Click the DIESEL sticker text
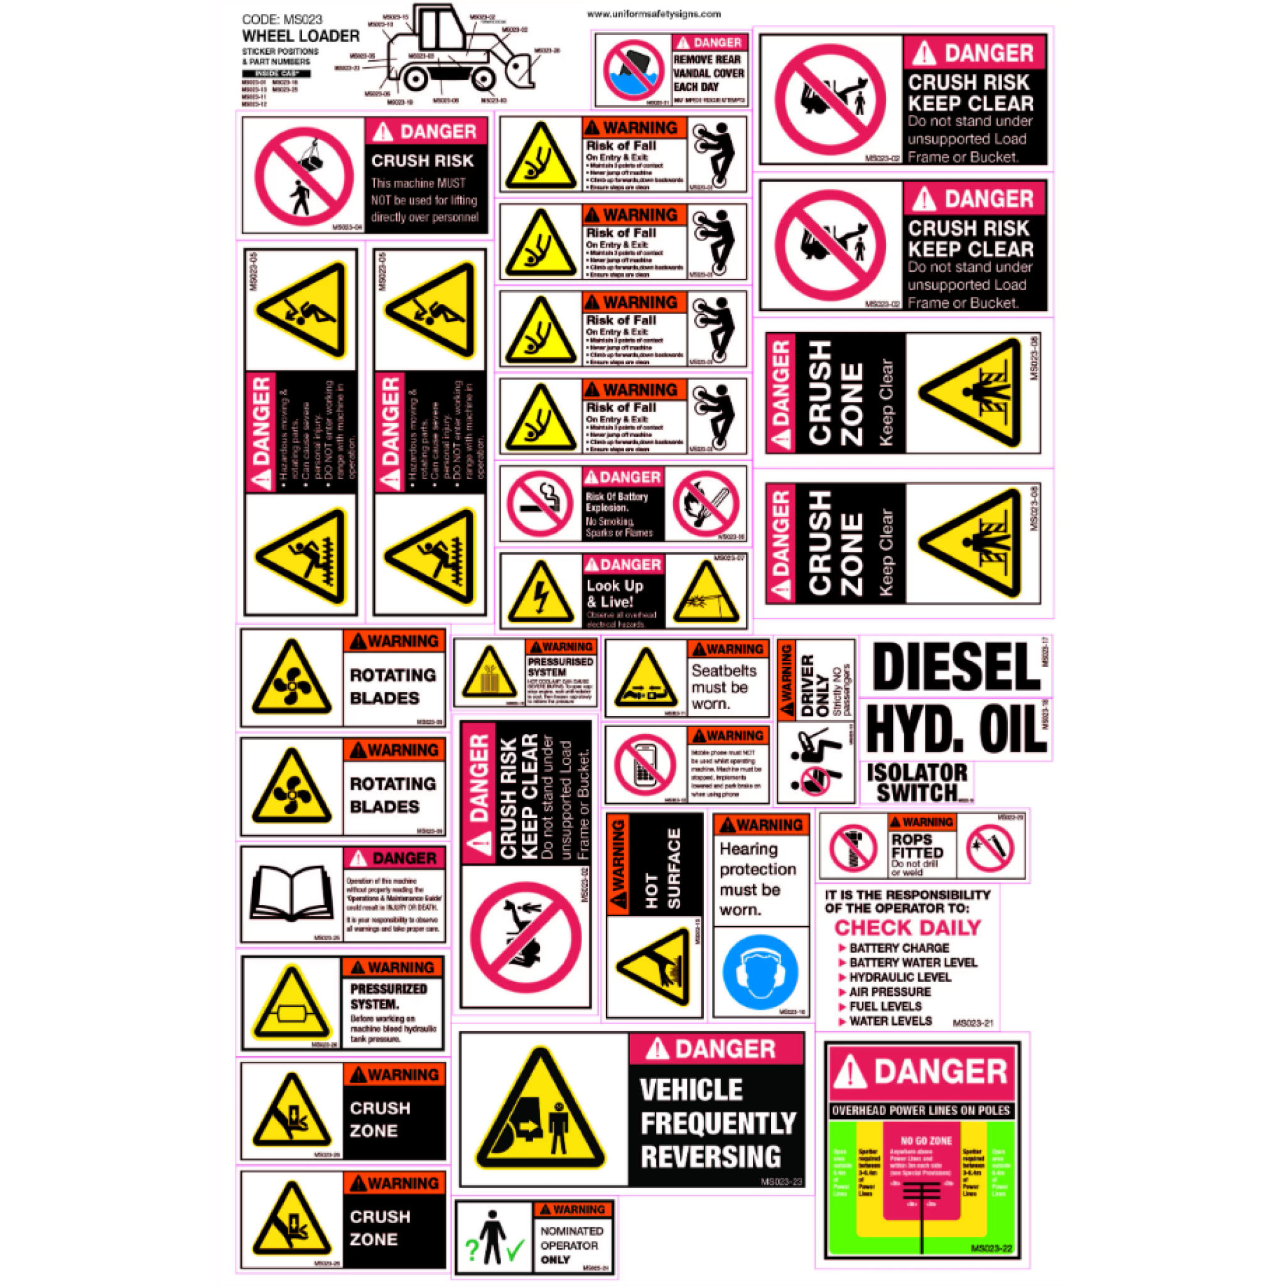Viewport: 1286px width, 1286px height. coord(956,667)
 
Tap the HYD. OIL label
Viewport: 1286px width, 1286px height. coord(956,730)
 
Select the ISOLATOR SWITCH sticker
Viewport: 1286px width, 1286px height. coord(917,783)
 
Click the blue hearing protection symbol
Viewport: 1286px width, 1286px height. coord(760,973)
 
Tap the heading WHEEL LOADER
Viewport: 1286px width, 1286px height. coord(300,36)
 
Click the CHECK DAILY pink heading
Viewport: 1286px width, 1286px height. coord(907,927)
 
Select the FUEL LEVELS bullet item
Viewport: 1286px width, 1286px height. coord(885,1007)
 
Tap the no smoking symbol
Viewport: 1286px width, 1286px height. coord(540,504)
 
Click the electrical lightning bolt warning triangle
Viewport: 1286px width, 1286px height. coord(541,592)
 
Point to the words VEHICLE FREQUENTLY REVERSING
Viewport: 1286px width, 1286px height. coord(716,1123)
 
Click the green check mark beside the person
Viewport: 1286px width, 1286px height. coord(514,1253)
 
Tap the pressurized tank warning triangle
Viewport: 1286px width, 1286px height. coord(290,1004)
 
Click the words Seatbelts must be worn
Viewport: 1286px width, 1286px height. coord(723,687)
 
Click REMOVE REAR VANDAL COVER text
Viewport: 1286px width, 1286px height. coord(708,73)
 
